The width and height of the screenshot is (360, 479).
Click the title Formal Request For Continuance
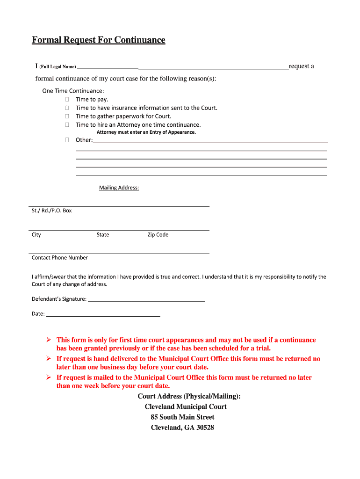coord(98,40)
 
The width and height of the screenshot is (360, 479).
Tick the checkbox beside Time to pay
coord(67,100)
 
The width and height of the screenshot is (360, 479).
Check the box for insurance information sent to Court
coord(67,108)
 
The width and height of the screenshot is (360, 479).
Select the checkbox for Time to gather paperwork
coord(67,116)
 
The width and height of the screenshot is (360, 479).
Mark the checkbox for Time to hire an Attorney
coord(67,125)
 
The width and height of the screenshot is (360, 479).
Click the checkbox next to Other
coord(67,140)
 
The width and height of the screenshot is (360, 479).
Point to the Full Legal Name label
coord(58,67)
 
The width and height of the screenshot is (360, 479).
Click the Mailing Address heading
coord(119,188)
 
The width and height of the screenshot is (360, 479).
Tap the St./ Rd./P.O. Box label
coord(52,210)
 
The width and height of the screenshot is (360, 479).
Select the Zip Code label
coord(158,235)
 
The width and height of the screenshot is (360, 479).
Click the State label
coord(103,235)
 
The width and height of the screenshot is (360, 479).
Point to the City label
coord(36,235)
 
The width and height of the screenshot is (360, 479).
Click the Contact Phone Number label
coord(60,258)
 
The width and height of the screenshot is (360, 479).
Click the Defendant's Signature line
coord(146,299)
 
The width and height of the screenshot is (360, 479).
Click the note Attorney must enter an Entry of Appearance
coord(146,132)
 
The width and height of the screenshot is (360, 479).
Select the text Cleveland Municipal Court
coord(186,407)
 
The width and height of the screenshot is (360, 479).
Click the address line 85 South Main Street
coord(182,417)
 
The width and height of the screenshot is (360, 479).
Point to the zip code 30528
coord(204,428)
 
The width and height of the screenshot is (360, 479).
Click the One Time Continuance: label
coord(73,91)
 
